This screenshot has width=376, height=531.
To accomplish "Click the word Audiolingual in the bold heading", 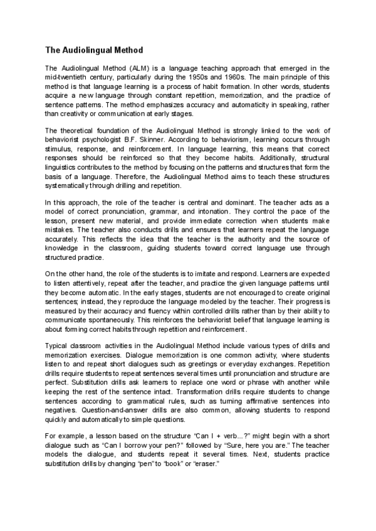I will [88, 49].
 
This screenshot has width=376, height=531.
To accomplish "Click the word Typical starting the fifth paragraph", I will [58, 346].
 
